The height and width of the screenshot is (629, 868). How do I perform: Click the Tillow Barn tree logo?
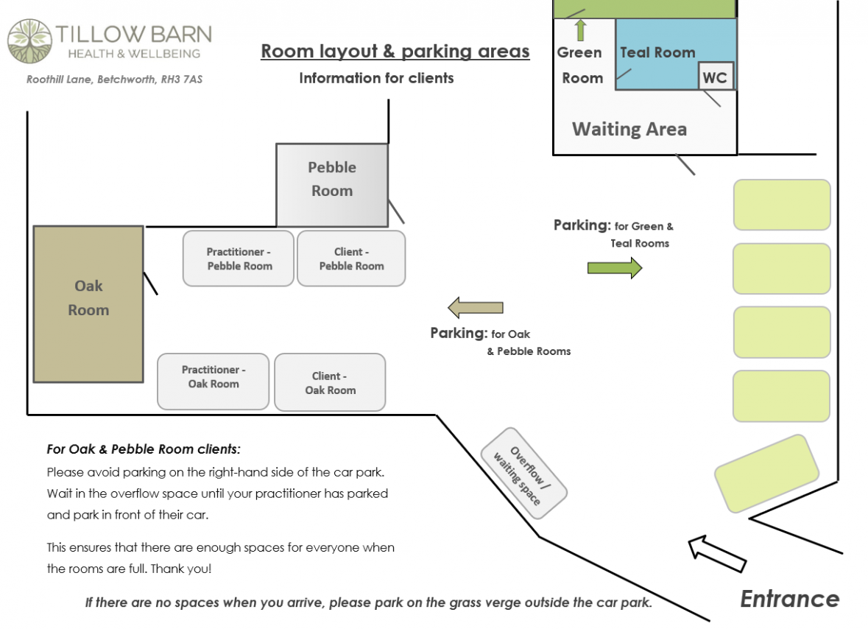pyautogui.click(x=30, y=41)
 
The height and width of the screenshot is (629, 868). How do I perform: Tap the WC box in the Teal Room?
pyautogui.click(x=716, y=77)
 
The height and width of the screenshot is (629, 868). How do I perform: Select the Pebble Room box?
pyautogui.click(x=332, y=185)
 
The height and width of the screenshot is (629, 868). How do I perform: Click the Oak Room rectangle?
pyautogui.click(x=88, y=304)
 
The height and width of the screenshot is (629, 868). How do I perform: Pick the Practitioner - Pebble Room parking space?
pyautogui.click(x=239, y=259)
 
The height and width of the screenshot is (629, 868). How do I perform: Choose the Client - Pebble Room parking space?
pyautogui.click(x=351, y=259)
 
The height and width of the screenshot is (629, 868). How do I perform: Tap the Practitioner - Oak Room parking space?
pyautogui.click(x=213, y=382)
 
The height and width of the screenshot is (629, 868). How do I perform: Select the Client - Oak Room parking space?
pyautogui.click(x=330, y=382)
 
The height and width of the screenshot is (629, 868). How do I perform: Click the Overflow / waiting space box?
pyautogui.click(x=523, y=474)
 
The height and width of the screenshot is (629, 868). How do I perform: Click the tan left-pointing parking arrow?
pyautogui.click(x=476, y=308)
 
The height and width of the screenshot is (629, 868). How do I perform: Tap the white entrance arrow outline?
pyautogui.click(x=717, y=554)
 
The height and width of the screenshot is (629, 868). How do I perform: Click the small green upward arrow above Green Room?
pyautogui.click(x=580, y=30)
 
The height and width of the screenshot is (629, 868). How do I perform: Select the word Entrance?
pyautogui.click(x=790, y=599)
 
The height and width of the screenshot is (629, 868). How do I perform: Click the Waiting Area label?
pyautogui.click(x=629, y=129)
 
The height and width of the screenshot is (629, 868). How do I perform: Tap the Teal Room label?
pyautogui.click(x=657, y=52)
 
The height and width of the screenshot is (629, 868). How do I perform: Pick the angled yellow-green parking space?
pyautogui.click(x=766, y=474)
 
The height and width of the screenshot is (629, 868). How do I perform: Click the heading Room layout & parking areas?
pyautogui.click(x=395, y=51)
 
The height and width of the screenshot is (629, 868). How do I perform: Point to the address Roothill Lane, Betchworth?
pyautogui.click(x=115, y=80)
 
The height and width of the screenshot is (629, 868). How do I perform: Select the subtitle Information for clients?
pyautogui.click(x=376, y=78)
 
